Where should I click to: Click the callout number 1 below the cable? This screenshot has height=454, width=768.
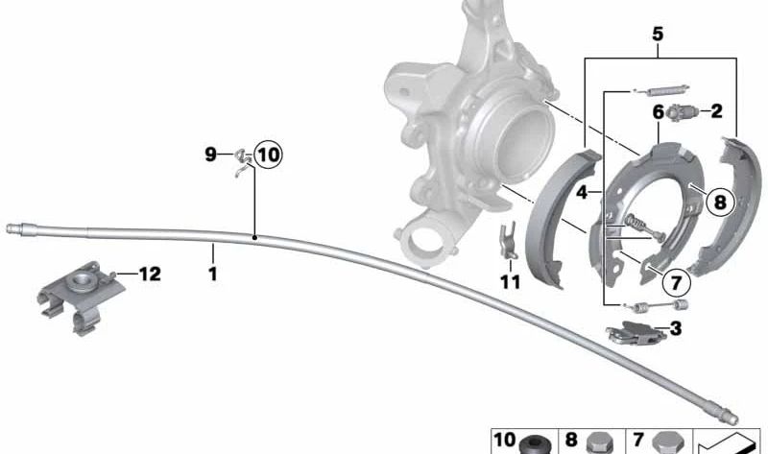pos(212,274)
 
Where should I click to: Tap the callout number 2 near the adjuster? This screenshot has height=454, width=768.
pos(716,111)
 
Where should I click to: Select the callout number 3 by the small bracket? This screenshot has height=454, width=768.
pos(676,328)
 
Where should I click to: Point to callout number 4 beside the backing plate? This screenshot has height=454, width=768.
pos(582,193)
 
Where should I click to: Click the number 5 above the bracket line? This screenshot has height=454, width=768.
pos(658,35)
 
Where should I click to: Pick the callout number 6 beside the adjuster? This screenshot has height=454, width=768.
pos(658,112)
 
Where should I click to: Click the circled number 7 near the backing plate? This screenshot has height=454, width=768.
pos(676,282)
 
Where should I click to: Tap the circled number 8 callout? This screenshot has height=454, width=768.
pos(720,202)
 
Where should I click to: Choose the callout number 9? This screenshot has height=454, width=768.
pos(210,155)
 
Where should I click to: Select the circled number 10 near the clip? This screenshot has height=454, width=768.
pos(269,155)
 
